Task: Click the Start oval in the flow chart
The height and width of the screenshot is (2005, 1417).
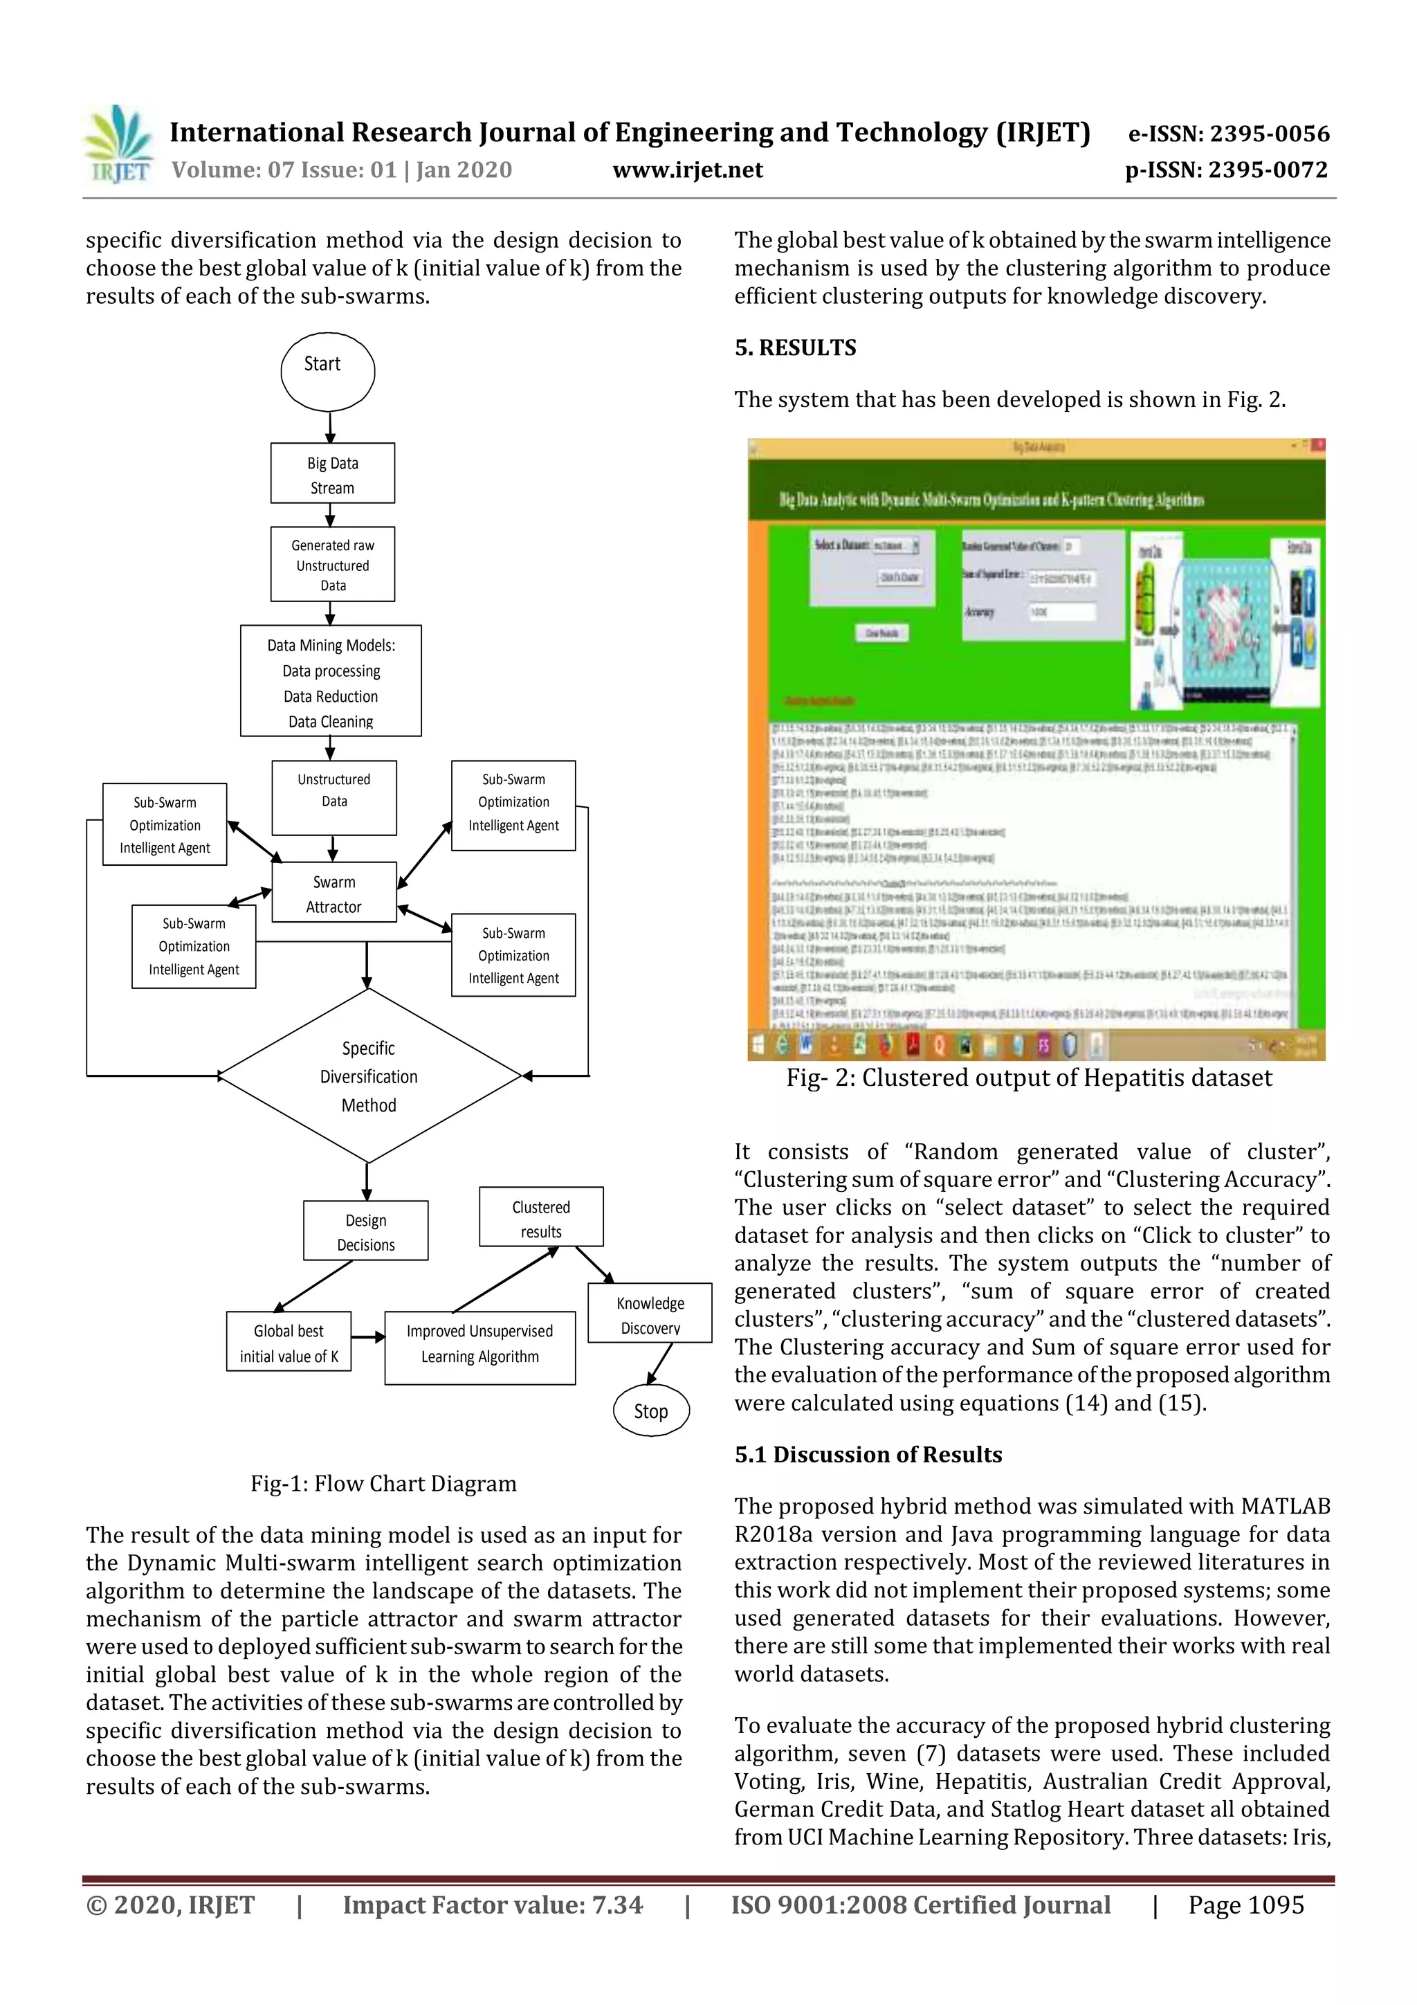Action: (327, 371)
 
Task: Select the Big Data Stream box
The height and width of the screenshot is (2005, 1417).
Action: (332, 473)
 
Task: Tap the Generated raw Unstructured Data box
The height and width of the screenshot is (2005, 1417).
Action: (332, 564)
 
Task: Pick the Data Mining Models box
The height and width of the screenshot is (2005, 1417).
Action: (331, 681)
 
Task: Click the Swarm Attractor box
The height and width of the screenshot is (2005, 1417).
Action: (333, 893)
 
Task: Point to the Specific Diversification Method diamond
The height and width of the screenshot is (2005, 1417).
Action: (369, 1076)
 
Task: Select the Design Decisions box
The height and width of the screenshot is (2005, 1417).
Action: (366, 1231)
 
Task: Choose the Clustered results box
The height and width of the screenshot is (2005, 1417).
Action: (540, 1217)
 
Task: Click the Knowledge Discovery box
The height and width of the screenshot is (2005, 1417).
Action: (650, 1314)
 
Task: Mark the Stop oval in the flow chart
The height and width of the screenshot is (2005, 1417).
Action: (651, 1411)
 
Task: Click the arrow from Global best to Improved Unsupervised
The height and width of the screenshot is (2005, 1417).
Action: (367, 1337)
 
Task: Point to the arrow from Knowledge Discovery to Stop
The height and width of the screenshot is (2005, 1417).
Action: (661, 1363)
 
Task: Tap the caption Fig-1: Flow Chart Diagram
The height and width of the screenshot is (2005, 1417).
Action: (383, 1484)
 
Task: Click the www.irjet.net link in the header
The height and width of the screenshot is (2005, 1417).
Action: (687, 170)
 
